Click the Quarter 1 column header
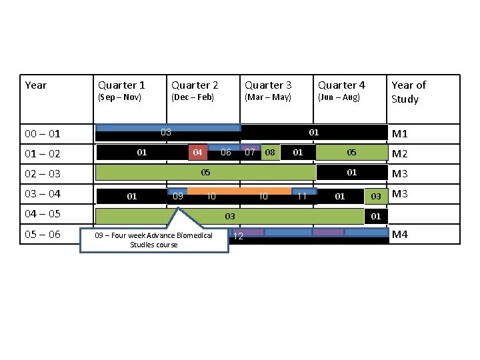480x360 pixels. click(x=121, y=85)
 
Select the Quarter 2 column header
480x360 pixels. click(x=195, y=85)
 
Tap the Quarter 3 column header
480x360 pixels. click(x=268, y=85)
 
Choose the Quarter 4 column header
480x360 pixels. click(x=341, y=85)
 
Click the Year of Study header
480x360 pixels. click(x=408, y=92)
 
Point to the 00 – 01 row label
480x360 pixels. click(x=43, y=134)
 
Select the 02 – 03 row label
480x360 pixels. click(x=43, y=174)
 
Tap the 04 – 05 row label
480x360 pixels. click(x=43, y=214)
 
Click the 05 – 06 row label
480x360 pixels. click(x=43, y=235)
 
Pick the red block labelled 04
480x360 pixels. click(x=197, y=153)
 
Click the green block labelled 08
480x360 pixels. click(x=270, y=153)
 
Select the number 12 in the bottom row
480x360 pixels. click(x=238, y=237)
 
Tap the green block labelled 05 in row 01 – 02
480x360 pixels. click(x=351, y=153)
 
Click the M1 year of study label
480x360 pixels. click(x=400, y=134)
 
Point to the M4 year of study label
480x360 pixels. click(x=400, y=234)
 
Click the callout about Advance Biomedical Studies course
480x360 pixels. click(x=154, y=240)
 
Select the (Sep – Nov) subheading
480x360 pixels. click(x=120, y=97)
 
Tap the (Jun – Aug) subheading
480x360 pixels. click(x=339, y=97)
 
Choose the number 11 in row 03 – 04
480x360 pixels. click(x=302, y=196)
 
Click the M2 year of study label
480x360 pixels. click(x=400, y=155)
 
